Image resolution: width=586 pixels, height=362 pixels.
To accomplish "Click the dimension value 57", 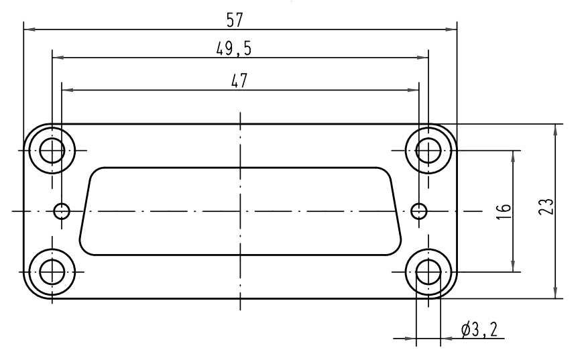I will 234,20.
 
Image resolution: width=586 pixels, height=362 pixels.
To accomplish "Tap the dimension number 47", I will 239,80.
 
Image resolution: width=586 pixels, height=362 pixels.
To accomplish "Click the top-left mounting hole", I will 52,150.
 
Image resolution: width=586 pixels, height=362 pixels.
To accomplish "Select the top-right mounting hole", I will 428,150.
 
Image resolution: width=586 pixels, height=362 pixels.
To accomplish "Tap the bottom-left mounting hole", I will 52,271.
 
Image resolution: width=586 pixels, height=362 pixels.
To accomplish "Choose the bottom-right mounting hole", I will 428,271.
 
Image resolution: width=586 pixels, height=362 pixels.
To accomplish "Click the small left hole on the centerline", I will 62,211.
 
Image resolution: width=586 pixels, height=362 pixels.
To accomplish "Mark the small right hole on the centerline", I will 419,211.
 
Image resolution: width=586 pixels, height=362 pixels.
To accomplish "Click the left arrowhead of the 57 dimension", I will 28,29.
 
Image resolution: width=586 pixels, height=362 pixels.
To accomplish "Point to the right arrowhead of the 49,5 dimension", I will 423,58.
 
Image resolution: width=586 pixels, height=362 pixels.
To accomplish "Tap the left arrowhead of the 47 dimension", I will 66,89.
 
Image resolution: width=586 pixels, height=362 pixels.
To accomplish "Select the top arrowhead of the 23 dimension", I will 555,129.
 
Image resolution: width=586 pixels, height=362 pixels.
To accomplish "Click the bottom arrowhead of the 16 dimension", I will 513,267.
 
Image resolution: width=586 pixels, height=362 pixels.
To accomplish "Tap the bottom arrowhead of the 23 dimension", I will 555,294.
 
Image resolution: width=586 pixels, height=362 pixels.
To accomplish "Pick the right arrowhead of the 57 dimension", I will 452,29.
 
